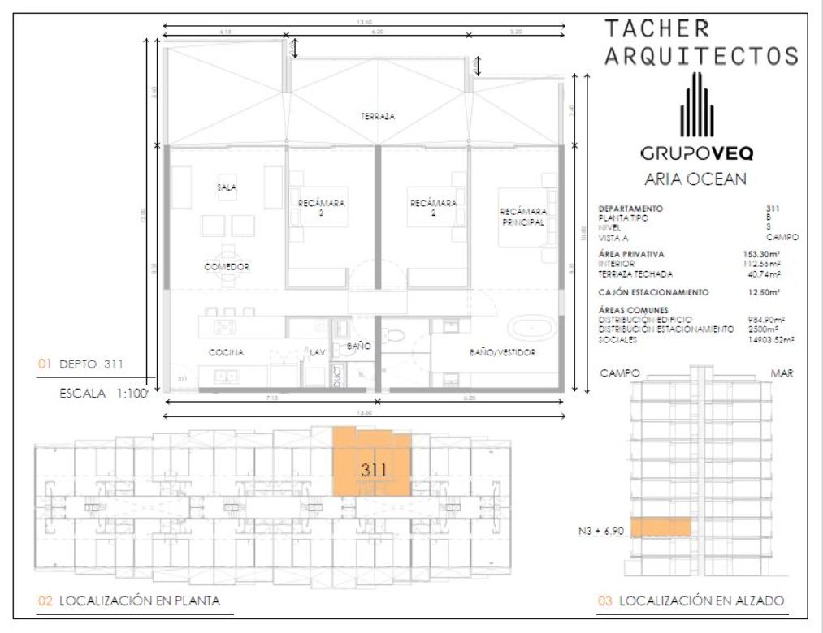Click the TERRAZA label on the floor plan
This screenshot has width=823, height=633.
point(378,117)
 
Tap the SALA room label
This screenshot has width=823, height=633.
point(226,187)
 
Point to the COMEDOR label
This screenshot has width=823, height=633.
point(227,266)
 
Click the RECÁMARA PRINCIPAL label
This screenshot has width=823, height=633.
point(522,217)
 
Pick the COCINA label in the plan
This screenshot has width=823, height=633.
point(227,352)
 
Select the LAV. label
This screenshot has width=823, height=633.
point(318,352)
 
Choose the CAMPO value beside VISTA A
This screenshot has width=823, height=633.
point(781,237)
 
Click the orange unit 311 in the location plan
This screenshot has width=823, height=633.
point(373,467)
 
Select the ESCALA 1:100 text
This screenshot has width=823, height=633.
point(103,394)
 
